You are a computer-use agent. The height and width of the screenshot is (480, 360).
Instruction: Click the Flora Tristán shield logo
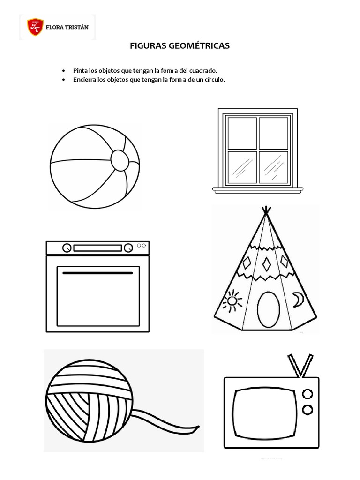[x=35, y=27]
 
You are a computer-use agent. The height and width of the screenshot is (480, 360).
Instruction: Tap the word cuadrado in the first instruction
[x=202, y=70]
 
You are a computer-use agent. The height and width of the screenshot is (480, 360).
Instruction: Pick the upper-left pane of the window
[x=242, y=133]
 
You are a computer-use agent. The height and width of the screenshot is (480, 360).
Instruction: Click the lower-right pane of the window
[x=273, y=167]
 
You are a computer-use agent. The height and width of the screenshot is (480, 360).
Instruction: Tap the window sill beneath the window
[x=257, y=190]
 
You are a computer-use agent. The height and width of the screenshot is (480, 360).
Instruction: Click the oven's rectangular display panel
[x=97, y=248]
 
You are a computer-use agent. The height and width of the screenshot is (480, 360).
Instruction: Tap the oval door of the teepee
[x=269, y=309]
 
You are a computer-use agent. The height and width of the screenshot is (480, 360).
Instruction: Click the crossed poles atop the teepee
[x=267, y=211]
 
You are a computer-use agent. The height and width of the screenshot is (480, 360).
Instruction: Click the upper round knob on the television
[x=307, y=394]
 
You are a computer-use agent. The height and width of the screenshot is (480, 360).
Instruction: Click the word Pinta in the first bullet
[x=80, y=70]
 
